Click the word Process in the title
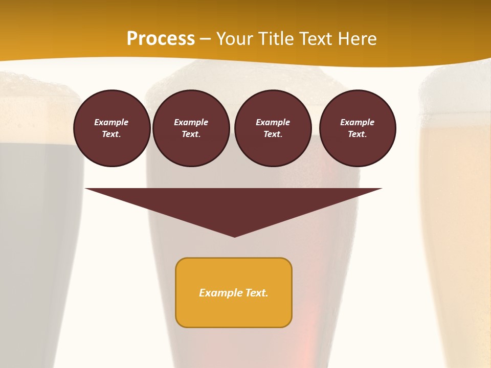click(161, 39)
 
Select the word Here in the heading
click(356, 39)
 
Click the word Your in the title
click(234, 39)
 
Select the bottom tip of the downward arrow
click(234, 236)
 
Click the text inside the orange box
click(234, 293)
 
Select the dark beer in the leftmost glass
click(36, 204)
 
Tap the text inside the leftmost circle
click(111, 128)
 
